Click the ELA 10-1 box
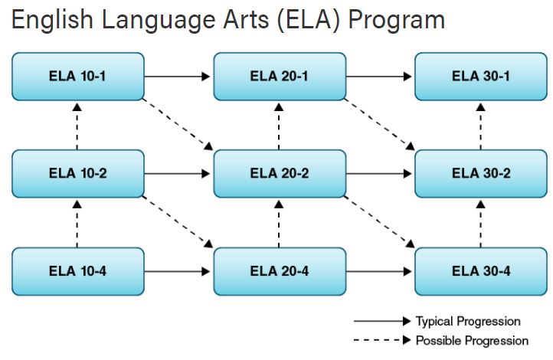[78, 77]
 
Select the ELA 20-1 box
[280, 77]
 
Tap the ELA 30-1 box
[481, 77]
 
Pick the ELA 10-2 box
[78, 173]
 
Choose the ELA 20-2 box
[280, 173]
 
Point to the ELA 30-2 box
[481, 173]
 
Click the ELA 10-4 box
[78, 271]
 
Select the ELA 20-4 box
[280, 271]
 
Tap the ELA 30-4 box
[481, 271]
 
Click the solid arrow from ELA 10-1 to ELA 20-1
[178, 77]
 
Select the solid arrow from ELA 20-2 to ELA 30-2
[379, 173]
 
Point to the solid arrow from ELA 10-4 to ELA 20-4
[178, 271]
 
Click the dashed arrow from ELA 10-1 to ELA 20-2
[178, 123]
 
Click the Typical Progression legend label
[468, 321]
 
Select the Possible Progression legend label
[472, 340]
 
